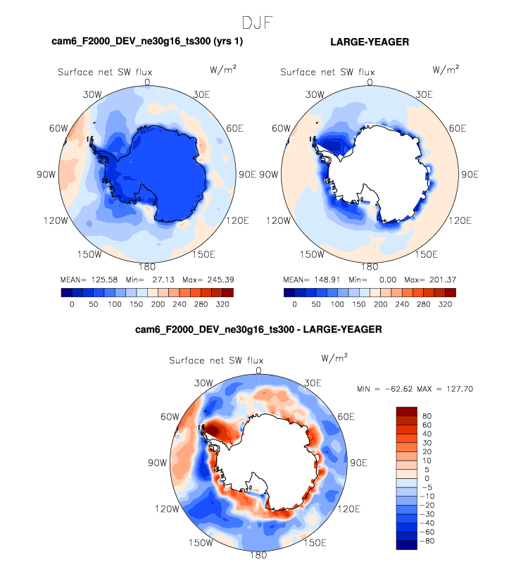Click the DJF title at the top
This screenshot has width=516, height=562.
(258, 23)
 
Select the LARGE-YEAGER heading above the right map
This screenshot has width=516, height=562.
(370, 43)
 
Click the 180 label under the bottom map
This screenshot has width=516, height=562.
(258, 555)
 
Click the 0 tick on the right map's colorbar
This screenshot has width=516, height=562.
(294, 305)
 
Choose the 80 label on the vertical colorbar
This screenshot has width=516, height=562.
(427, 416)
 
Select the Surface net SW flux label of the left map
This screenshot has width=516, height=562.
(104, 72)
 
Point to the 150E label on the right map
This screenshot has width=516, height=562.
(426, 254)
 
